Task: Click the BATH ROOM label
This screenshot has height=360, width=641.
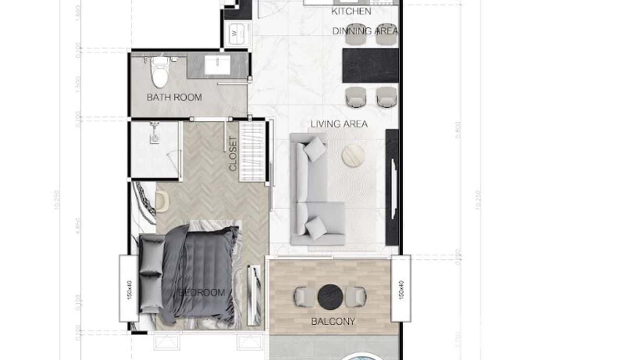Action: pyautogui.click(x=174, y=97)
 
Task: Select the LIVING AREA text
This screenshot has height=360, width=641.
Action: pyautogui.click(x=339, y=124)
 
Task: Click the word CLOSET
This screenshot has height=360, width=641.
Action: pyautogui.click(x=233, y=154)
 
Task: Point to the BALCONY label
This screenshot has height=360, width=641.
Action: pyautogui.click(x=333, y=321)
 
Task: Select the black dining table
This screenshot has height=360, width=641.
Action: pyautogui.click(x=371, y=65)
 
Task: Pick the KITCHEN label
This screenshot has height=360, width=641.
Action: pyautogui.click(x=351, y=11)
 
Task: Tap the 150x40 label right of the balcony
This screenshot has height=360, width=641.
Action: pyautogui.click(x=401, y=289)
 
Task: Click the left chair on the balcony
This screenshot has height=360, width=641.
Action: pyautogui.click(x=302, y=296)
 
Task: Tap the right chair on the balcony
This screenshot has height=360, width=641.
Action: pyautogui.click(x=356, y=296)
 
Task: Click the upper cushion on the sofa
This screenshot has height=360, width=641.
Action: pyautogui.click(x=315, y=148)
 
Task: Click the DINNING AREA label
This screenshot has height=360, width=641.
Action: pyautogui.click(x=365, y=31)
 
